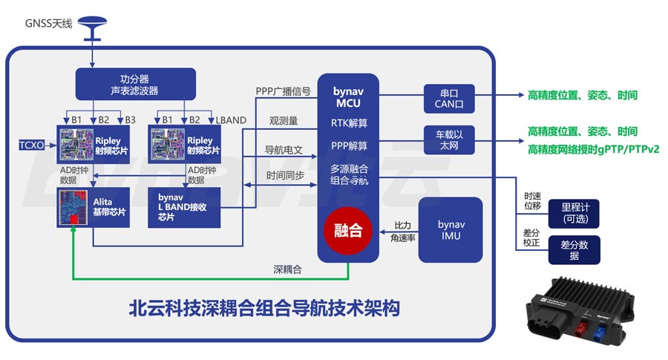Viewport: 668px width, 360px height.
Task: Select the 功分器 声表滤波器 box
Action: [135, 85]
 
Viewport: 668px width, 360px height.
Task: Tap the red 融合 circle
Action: [348, 230]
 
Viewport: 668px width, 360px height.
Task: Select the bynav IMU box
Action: [450, 229]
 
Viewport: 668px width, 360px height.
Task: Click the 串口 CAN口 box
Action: [448, 99]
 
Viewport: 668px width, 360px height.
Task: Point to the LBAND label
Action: [230, 120]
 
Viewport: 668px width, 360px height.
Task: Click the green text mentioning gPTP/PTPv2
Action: [593, 149]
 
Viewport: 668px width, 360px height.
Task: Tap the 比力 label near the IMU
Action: [402, 224]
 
